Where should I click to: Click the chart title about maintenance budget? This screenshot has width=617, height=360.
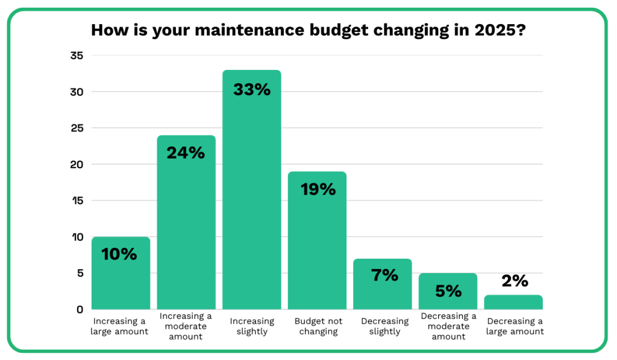(308, 30)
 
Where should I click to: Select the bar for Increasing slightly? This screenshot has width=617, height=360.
(251, 199)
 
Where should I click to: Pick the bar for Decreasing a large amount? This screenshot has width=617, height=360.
(514, 302)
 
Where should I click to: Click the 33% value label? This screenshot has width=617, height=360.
(251, 90)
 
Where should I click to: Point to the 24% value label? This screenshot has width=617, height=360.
(186, 153)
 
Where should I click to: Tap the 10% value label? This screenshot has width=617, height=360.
(120, 254)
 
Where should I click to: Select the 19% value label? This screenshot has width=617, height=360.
(317, 189)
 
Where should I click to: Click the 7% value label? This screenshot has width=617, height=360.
(383, 276)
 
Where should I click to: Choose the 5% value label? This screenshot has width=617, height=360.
(448, 291)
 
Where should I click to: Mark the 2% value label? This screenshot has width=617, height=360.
(514, 281)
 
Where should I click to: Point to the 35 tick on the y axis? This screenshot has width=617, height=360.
(77, 55)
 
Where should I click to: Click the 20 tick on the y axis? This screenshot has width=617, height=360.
(77, 164)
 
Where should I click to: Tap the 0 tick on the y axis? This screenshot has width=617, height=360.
(79, 309)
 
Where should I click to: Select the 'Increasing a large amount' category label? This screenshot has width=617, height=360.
(120, 326)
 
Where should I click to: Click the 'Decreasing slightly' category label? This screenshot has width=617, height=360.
(383, 326)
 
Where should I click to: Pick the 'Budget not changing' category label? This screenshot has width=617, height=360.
(317, 326)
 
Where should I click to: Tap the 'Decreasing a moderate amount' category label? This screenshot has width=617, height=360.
(448, 326)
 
